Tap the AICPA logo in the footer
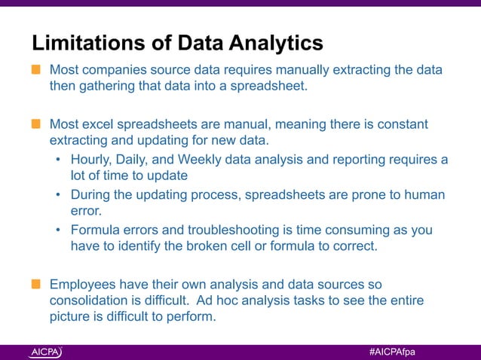pos(46,352)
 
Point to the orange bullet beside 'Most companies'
pos(35,70)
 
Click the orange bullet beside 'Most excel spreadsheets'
pos(35,123)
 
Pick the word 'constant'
pos(403,123)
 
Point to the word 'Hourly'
pos(90,159)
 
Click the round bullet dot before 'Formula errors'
pos(59,230)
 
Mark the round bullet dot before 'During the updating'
pos(59,196)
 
